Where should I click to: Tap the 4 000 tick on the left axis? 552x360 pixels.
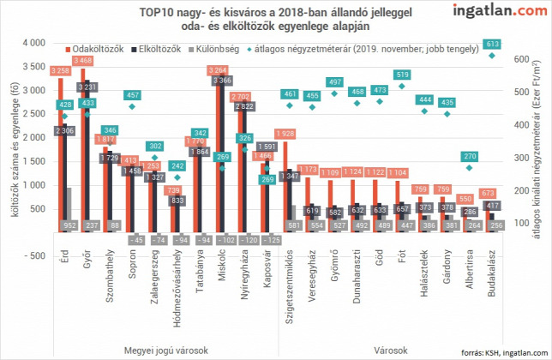[x=33, y=43]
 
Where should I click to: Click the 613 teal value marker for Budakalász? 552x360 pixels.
[x=491, y=45]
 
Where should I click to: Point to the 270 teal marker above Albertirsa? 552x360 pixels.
[x=469, y=156]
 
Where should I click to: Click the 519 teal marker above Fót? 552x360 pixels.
[x=400, y=75]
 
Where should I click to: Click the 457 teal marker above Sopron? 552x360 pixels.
[x=132, y=95]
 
